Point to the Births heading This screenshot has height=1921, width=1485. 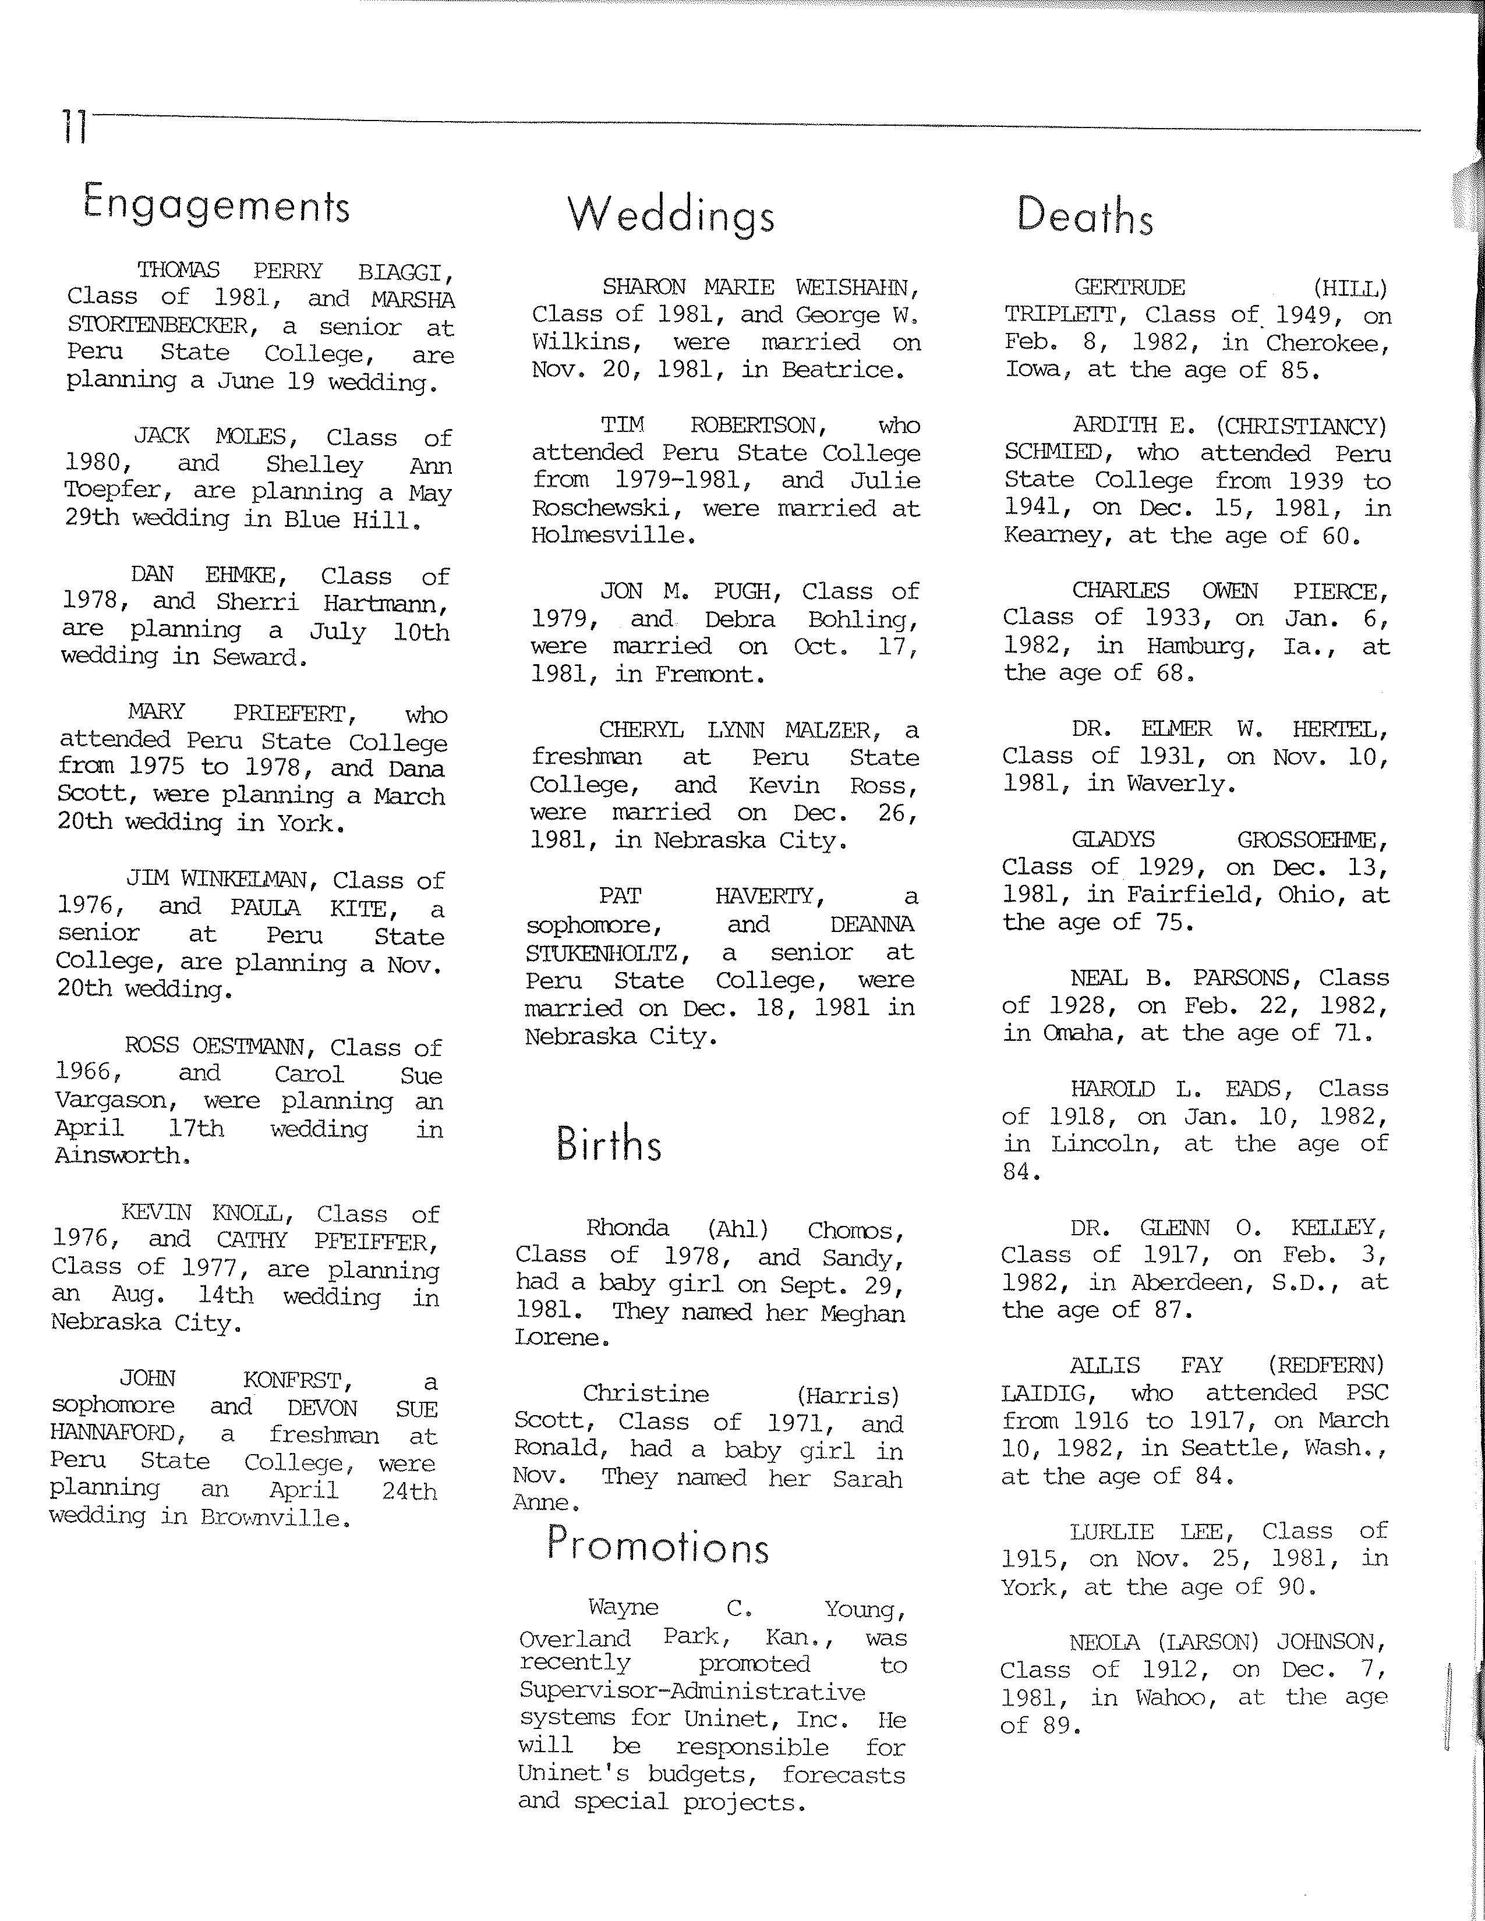pyautogui.click(x=608, y=1143)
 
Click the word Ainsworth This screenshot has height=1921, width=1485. pyautogui.click(x=119, y=1156)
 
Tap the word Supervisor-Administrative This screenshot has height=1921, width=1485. pyautogui.click(x=692, y=1692)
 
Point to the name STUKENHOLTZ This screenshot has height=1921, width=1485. pyautogui.click(x=607, y=952)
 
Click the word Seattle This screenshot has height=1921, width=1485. pyautogui.click(x=1225, y=1448)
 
